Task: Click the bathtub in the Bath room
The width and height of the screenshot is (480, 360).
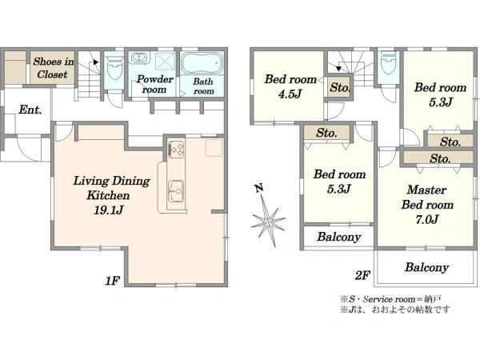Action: [202, 63]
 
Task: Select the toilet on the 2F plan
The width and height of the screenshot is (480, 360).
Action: [388, 62]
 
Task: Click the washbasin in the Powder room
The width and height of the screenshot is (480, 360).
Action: [139, 58]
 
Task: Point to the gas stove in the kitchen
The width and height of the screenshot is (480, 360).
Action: [176, 150]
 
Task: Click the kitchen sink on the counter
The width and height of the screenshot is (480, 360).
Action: [176, 190]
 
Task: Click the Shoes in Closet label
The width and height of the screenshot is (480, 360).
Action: [53, 68]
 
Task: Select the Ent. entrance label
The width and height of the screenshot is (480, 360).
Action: [30, 110]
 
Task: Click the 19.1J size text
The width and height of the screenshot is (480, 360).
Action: [108, 210]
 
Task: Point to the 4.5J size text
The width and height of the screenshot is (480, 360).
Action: [290, 94]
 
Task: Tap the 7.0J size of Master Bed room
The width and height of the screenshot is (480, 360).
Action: [426, 219]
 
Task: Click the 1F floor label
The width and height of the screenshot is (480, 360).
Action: [112, 281]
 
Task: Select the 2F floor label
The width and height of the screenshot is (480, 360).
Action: [362, 275]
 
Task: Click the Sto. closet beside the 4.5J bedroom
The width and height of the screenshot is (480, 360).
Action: [339, 87]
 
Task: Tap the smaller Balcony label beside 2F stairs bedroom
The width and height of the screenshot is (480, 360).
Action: [338, 237]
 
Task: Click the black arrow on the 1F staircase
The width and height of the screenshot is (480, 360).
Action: [96, 62]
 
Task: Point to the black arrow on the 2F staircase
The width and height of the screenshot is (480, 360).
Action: [338, 68]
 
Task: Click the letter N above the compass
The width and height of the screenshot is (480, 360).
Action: [259, 188]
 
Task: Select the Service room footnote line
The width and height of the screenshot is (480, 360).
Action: [390, 298]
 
